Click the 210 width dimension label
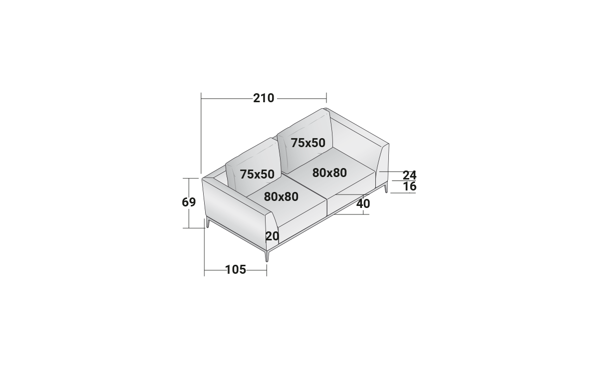tap(264, 98)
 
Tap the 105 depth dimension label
tap(236, 270)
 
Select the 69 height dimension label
tap(189, 202)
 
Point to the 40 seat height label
tap(363, 204)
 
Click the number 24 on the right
tap(409, 176)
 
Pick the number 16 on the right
tap(410, 186)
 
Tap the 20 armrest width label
tap(272, 236)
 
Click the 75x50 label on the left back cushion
tap(257, 174)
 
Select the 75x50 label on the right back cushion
tap(308, 143)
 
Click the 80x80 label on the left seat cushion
tap(281, 197)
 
